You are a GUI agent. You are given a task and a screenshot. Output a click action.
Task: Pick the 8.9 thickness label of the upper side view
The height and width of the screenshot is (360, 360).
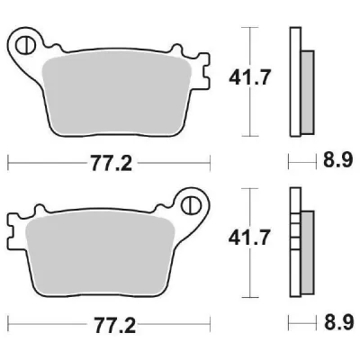tap(334, 163)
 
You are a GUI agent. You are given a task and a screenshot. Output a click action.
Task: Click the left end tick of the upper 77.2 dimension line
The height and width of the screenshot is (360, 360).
tap(8, 163)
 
